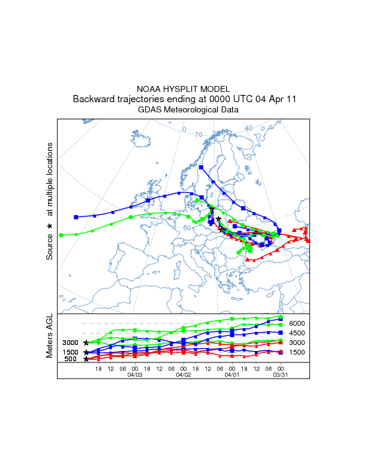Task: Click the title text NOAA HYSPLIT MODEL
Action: point(183,88)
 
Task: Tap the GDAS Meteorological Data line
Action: point(188,110)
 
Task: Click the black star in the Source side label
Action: point(50,226)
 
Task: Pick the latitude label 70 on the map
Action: point(198,134)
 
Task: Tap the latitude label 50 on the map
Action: point(187,228)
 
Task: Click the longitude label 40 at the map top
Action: point(248,128)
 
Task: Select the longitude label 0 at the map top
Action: point(184,130)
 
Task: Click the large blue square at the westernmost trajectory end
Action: point(76,217)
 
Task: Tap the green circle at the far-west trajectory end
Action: point(61,235)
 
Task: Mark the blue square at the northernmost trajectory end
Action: point(201,167)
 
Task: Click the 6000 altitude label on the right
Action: point(297,323)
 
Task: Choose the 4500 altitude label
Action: point(297,333)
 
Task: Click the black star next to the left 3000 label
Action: point(86,343)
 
